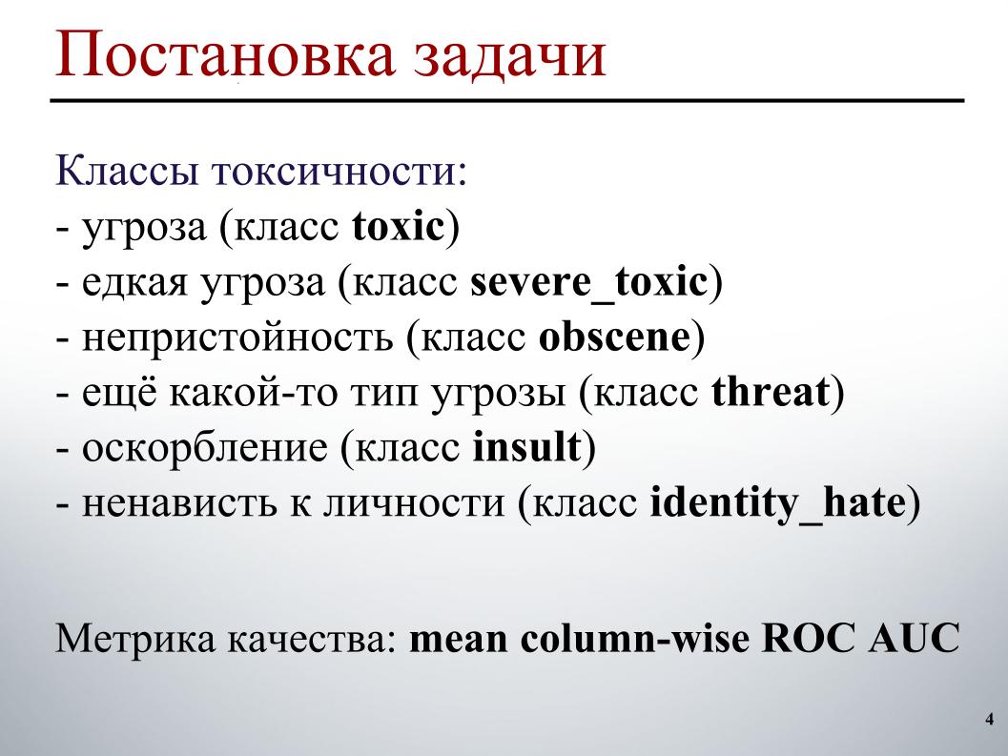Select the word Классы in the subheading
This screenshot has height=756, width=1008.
tap(126, 174)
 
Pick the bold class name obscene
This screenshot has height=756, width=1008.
tap(613, 338)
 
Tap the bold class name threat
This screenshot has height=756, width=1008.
tap(771, 393)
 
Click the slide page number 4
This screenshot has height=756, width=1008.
tap(988, 719)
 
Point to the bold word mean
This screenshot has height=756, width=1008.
tap(460, 638)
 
